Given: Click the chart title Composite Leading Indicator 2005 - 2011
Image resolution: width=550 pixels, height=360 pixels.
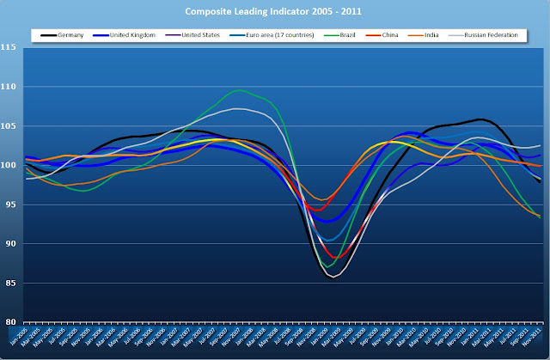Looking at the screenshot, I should tap(274, 11).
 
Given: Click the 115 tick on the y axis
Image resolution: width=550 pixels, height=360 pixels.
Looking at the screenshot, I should tap(11, 48).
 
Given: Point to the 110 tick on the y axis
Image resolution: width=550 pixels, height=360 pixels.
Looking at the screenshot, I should tap(11, 87).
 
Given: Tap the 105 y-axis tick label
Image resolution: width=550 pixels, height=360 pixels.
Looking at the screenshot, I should tap(11, 126).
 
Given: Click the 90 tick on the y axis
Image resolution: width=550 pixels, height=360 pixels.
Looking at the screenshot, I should tap(13, 243).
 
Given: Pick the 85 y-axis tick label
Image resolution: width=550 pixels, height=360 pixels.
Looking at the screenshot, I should tap(13, 283).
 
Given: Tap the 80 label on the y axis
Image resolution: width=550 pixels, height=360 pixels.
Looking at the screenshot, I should tap(13, 321).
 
